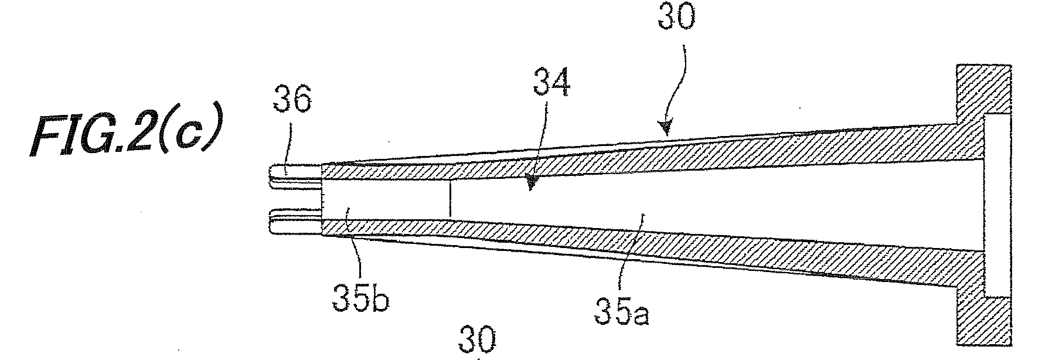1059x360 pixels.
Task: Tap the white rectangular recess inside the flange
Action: [997, 205]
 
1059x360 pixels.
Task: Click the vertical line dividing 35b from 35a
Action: [450, 200]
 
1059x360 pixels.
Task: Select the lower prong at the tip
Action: [296, 223]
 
